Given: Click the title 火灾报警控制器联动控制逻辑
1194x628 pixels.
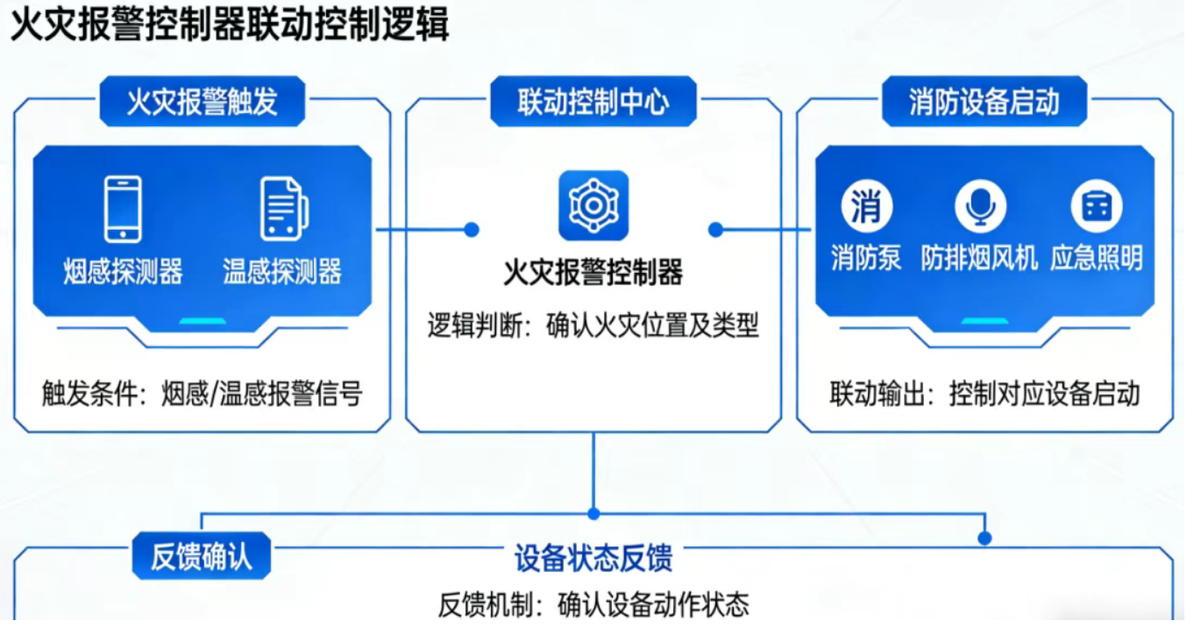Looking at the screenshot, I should (x=229, y=25).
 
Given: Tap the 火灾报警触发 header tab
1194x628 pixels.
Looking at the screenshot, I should (x=203, y=102).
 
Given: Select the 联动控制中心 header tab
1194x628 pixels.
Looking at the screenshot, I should (x=593, y=102).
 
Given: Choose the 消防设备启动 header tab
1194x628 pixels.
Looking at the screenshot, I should (x=984, y=102).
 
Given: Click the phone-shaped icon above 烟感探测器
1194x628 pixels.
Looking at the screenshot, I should (x=123, y=209).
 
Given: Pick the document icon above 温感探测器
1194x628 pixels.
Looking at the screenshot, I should (x=283, y=209).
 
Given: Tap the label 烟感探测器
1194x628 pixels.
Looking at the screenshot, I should (x=123, y=272).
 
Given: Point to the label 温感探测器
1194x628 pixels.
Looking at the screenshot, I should (x=282, y=272).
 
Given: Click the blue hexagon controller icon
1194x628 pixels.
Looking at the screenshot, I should (x=593, y=205).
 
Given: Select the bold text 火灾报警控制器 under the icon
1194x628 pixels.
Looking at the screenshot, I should (x=593, y=273).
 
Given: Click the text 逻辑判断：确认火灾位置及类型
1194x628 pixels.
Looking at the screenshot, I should (x=593, y=326).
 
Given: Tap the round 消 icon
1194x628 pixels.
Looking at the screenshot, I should (x=866, y=207).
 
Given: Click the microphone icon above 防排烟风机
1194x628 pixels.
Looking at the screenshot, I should (x=980, y=207).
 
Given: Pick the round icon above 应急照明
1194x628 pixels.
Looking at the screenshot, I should (x=1097, y=207).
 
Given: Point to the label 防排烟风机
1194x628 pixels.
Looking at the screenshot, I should (x=979, y=258).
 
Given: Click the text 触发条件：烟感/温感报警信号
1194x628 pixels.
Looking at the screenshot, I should (x=203, y=394).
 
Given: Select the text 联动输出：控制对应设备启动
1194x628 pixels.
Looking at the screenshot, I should (x=984, y=394).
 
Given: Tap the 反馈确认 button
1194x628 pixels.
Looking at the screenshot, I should (x=202, y=556).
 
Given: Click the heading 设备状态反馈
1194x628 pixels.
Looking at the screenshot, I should (x=593, y=558).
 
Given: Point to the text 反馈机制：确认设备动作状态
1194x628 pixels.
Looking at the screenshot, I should (x=593, y=604).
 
